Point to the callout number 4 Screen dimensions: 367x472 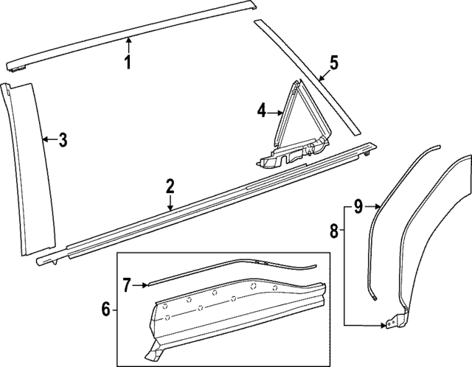(261, 111)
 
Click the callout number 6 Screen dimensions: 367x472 (106, 308)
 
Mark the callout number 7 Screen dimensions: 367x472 (126, 283)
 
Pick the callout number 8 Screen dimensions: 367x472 (333, 232)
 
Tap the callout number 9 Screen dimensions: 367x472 (358, 206)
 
